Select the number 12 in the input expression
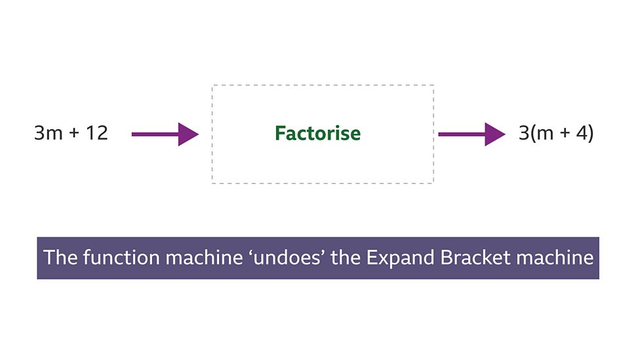95,134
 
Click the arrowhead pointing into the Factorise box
188,134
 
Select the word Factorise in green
317,134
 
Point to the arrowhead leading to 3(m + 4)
495,134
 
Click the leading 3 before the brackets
523,134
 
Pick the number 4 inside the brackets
580,134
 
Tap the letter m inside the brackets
544,134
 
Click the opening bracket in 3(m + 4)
532,134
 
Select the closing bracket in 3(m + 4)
590,134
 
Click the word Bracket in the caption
473,258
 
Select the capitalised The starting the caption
61,258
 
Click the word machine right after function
199,258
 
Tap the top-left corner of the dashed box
212,85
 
